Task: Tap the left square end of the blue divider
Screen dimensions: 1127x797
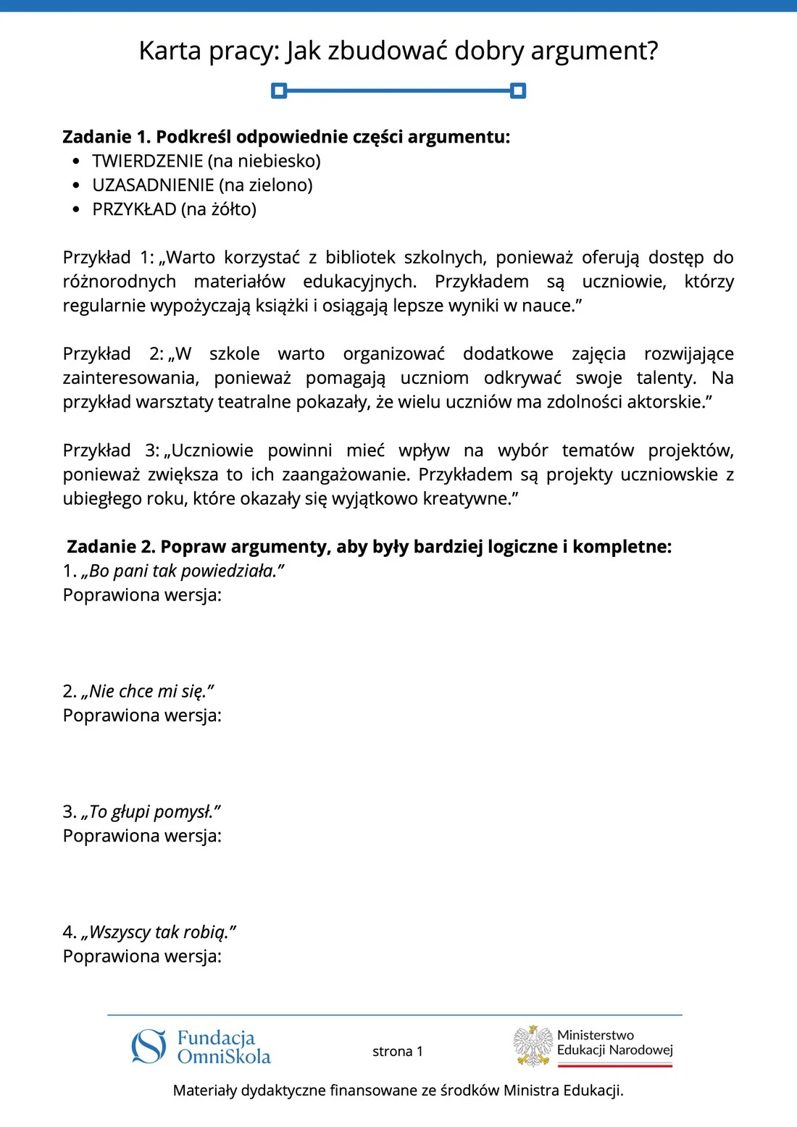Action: (279, 91)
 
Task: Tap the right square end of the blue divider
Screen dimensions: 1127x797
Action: (517, 91)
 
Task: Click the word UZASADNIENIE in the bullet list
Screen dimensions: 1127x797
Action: (153, 185)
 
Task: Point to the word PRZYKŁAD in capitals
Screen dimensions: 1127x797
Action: (134, 209)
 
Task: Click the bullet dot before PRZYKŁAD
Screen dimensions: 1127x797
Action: (77, 209)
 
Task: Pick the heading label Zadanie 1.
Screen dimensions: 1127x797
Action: (107, 137)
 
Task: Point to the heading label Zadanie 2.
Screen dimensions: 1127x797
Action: (111, 547)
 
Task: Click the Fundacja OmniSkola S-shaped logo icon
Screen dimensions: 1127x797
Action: (149, 1047)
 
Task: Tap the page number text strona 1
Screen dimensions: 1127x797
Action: (397, 1051)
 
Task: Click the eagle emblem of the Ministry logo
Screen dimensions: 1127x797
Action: (533, 1045)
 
